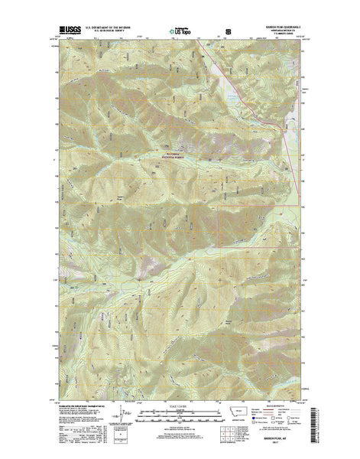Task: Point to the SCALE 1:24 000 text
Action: pos(180,405)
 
